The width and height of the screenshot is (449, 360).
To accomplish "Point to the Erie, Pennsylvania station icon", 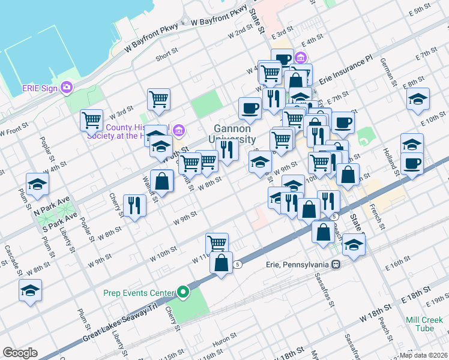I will tap(337, 264).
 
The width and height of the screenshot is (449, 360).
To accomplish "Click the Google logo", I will tap(20, 353).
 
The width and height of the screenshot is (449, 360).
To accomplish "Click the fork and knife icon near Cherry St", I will tap(134, 206).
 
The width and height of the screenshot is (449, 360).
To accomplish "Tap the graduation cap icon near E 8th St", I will tap(418, 99).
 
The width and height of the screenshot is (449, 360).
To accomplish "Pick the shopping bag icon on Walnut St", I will tap(162, 181).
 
